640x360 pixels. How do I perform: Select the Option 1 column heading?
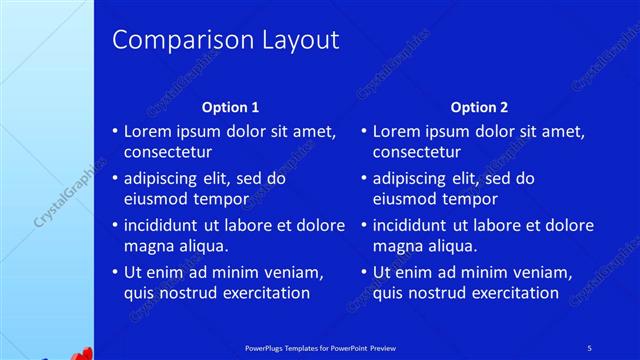(x=231, y=107)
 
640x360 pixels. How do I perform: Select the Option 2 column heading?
(x=479, y=107)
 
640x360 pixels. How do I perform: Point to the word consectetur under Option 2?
(x=417, y=153)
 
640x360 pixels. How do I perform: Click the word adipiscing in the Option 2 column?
(x=414, y=179)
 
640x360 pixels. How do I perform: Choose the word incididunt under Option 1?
(x=166, y=225)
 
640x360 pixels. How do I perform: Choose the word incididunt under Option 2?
(x=415, y=225)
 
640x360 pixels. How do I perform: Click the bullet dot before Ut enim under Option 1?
(x=115, y=272)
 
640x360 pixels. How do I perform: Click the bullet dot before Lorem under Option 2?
(x=364, y=131)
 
